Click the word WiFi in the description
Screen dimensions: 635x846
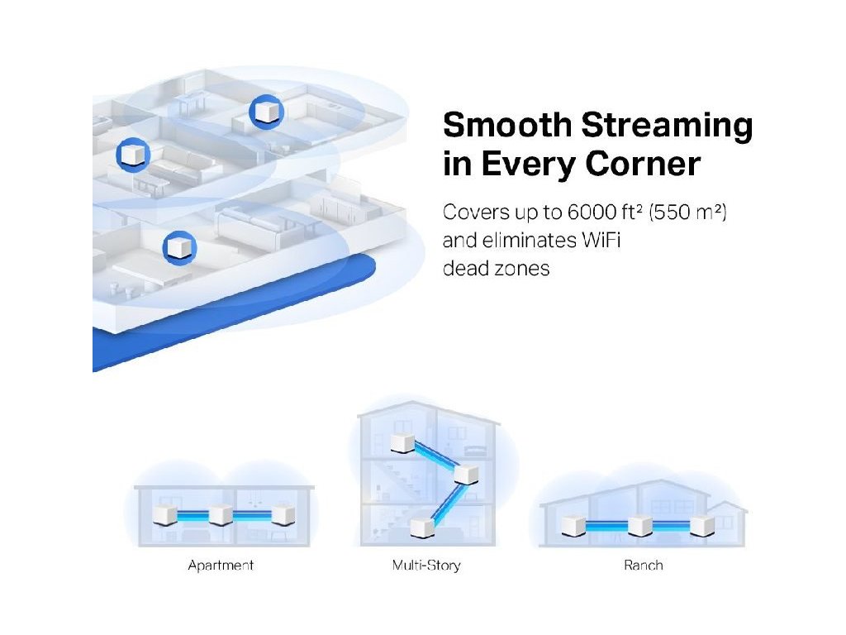602,241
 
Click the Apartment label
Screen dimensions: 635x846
220,566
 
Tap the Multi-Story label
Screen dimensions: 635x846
426,566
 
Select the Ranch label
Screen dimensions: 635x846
644,566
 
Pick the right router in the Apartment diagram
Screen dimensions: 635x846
281,515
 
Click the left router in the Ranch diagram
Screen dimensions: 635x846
573,524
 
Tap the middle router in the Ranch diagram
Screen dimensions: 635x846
639,524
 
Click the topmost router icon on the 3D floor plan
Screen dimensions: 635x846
267,112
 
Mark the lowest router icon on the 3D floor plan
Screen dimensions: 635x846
178,247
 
